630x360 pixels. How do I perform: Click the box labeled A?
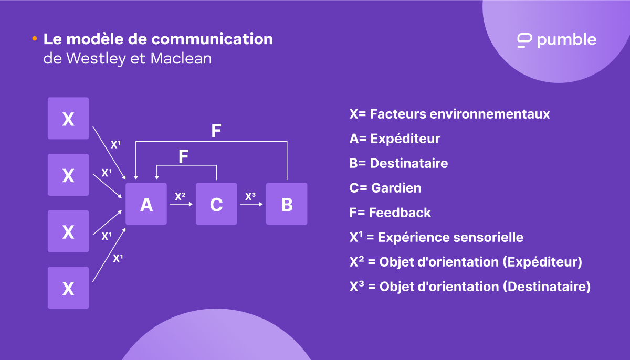(146, 204)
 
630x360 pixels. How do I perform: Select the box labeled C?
(216, 204)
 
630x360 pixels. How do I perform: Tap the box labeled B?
(287, 204)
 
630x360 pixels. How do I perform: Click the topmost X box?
(68, 119)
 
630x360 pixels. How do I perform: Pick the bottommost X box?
(68, 288)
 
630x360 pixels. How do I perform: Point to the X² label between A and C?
(180, 196)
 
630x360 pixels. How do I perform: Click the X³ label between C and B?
(250, 196)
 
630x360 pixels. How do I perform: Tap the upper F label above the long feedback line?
(216, 131)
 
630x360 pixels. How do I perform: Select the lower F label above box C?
(183, 157)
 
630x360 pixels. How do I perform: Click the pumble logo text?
(566, 40)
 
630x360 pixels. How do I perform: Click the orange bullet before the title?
(35, 39)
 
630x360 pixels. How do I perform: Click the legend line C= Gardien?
(385, 188)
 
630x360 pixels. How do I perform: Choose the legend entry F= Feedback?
(390, 213)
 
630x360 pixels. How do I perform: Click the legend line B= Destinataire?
(398, 163)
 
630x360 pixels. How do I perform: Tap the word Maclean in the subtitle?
(181, 58)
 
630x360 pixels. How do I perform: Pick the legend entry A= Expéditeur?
(394, 139)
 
